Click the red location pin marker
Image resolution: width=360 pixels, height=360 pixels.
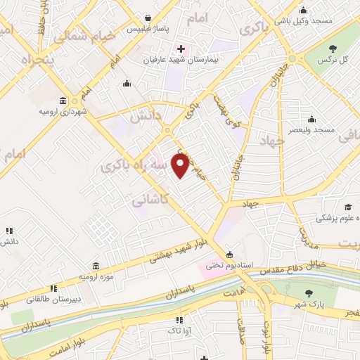pyautogui.click(x=181, y=165)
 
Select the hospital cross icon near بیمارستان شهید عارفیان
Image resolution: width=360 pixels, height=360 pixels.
pyautogui.click(x=181, y=49)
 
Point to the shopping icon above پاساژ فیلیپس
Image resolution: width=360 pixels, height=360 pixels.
pyautogui.click(x=148, y=18)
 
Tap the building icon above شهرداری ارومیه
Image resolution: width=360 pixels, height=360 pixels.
pyautogui.click(x=63, y=101)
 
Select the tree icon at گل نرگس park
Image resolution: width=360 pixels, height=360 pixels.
pyautogui.click(x=332, y=48)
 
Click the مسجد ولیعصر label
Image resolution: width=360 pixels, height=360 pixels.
pyautogui.click(x=323, y=131)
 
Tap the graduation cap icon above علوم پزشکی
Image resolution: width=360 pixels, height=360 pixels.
pyautogui.click(x=347, y=207)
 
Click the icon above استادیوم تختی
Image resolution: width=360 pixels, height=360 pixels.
pyautogui.click(x=229, y=255)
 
